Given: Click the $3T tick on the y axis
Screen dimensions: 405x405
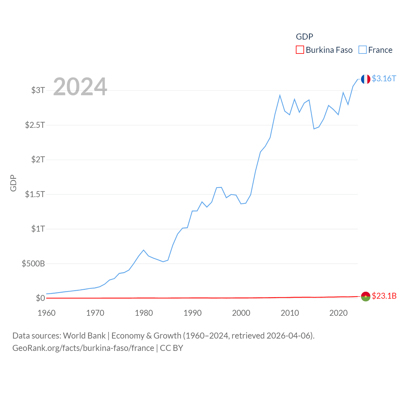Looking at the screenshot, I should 38,90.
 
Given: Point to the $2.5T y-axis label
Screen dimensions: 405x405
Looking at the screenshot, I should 35,125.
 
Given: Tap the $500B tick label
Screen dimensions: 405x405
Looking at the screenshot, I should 33,264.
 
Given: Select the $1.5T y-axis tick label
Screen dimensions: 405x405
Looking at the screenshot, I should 35,194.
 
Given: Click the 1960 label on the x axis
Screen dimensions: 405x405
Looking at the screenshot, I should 47,313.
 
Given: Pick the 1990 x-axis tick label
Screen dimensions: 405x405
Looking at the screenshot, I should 192,313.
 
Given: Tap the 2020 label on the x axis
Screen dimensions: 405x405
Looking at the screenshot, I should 338,313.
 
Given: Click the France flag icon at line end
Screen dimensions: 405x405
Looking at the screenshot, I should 365,79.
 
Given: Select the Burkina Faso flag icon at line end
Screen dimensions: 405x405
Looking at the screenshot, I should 365,296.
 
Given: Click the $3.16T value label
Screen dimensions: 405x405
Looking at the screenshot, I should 384,78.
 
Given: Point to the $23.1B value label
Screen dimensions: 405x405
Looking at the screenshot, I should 384,296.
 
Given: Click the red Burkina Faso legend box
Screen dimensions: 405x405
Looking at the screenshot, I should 300,50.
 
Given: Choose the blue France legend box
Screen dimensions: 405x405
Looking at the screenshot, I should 363,50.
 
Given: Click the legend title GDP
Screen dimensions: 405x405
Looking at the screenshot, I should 304,37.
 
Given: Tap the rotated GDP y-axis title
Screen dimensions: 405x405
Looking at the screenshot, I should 13,183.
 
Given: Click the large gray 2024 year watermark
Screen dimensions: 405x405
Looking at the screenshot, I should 80,87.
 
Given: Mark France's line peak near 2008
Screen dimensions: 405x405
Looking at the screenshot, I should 280,95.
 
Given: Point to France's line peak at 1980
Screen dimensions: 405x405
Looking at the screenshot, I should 144,250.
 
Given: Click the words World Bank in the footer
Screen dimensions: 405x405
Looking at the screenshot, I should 84,335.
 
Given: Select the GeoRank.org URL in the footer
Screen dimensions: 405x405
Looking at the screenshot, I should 83,348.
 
